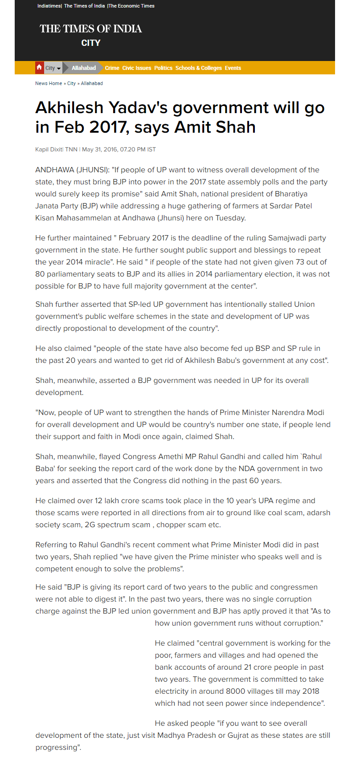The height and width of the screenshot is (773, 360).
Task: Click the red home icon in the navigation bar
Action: [x=39, y=68]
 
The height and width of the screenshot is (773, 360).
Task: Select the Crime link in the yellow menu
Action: [x=112, y=68]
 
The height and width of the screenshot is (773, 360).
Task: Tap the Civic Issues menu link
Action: [x=137, y=68]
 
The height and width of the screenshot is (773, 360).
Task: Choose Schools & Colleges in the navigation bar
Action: [x=198, y=68]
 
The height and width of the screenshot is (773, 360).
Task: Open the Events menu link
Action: [x=233, y=68]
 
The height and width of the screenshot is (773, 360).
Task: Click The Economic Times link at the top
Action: [x=132, y=6]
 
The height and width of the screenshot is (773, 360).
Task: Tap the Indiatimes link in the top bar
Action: [x=49, y=6]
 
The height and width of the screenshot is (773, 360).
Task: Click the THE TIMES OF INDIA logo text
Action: [x=90, y=29]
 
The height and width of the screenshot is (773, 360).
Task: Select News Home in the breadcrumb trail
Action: [x=49, y=83]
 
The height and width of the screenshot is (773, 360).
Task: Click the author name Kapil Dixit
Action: [x=49, y=150]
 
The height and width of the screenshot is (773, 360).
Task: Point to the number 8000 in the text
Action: [x=236, y=692]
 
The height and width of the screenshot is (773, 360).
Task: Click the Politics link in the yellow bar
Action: [x=163, y=68]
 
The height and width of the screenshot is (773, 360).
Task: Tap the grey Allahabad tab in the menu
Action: [x=84, y=68]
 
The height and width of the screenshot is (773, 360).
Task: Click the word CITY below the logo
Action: [x=91, y=43]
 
